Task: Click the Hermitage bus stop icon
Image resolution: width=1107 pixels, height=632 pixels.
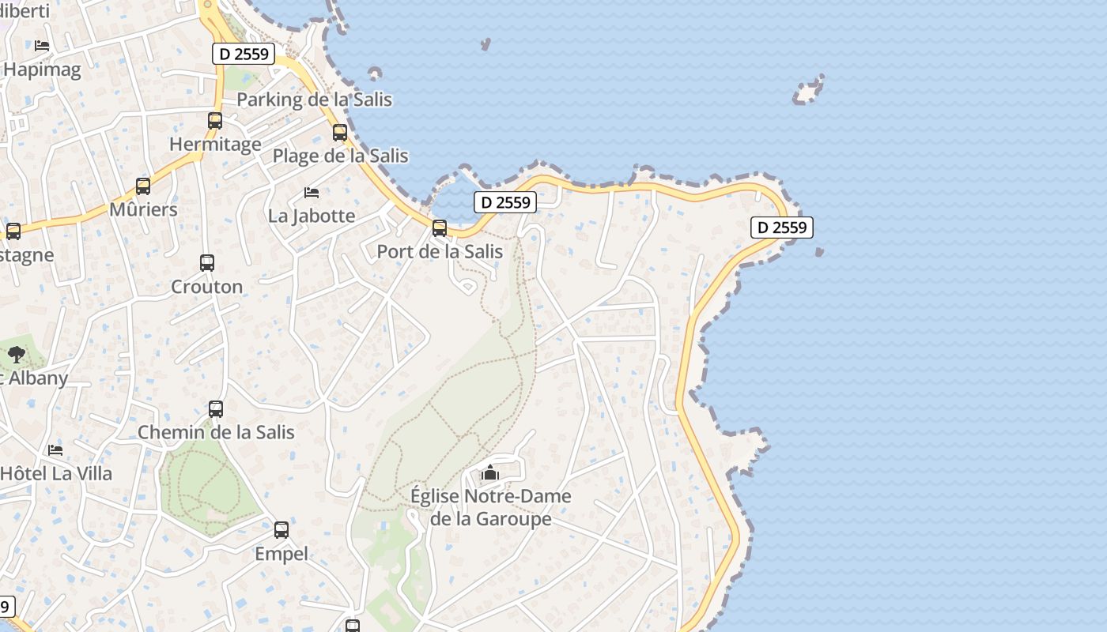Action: (214, 121)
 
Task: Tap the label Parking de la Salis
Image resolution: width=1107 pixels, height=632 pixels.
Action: (314, 100)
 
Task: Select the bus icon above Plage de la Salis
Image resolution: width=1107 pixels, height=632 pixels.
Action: (340, 133)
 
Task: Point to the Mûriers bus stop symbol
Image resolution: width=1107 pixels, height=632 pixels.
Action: (143, 186)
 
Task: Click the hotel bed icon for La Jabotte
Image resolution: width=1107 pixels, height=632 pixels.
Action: (312, 193)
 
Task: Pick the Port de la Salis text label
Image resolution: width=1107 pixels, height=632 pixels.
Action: (440, 251)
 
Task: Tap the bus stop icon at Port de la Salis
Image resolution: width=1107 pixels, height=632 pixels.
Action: (440, 228)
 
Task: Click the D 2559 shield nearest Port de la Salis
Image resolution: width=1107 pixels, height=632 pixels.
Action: (505, 202)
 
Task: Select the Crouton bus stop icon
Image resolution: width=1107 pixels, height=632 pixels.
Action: (207, 263)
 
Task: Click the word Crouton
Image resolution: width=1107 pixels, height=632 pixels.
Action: (207, 286)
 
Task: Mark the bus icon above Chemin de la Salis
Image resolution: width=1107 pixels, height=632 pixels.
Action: (216, 409)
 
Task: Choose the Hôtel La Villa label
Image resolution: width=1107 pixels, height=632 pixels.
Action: (56, 473)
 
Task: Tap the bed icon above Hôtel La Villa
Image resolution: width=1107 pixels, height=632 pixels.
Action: (55, 450)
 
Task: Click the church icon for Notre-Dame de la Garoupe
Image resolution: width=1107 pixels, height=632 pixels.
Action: (490, 472)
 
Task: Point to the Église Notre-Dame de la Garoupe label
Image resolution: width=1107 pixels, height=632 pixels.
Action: (490, 507)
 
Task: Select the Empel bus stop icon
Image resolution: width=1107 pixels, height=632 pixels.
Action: (281, 530)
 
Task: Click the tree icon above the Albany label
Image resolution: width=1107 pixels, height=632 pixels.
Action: (17, 355)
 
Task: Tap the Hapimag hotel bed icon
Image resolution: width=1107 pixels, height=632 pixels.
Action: (42, 46)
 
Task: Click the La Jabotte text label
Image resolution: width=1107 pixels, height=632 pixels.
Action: (312, 216)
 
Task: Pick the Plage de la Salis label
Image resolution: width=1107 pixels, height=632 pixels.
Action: (340, 156)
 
